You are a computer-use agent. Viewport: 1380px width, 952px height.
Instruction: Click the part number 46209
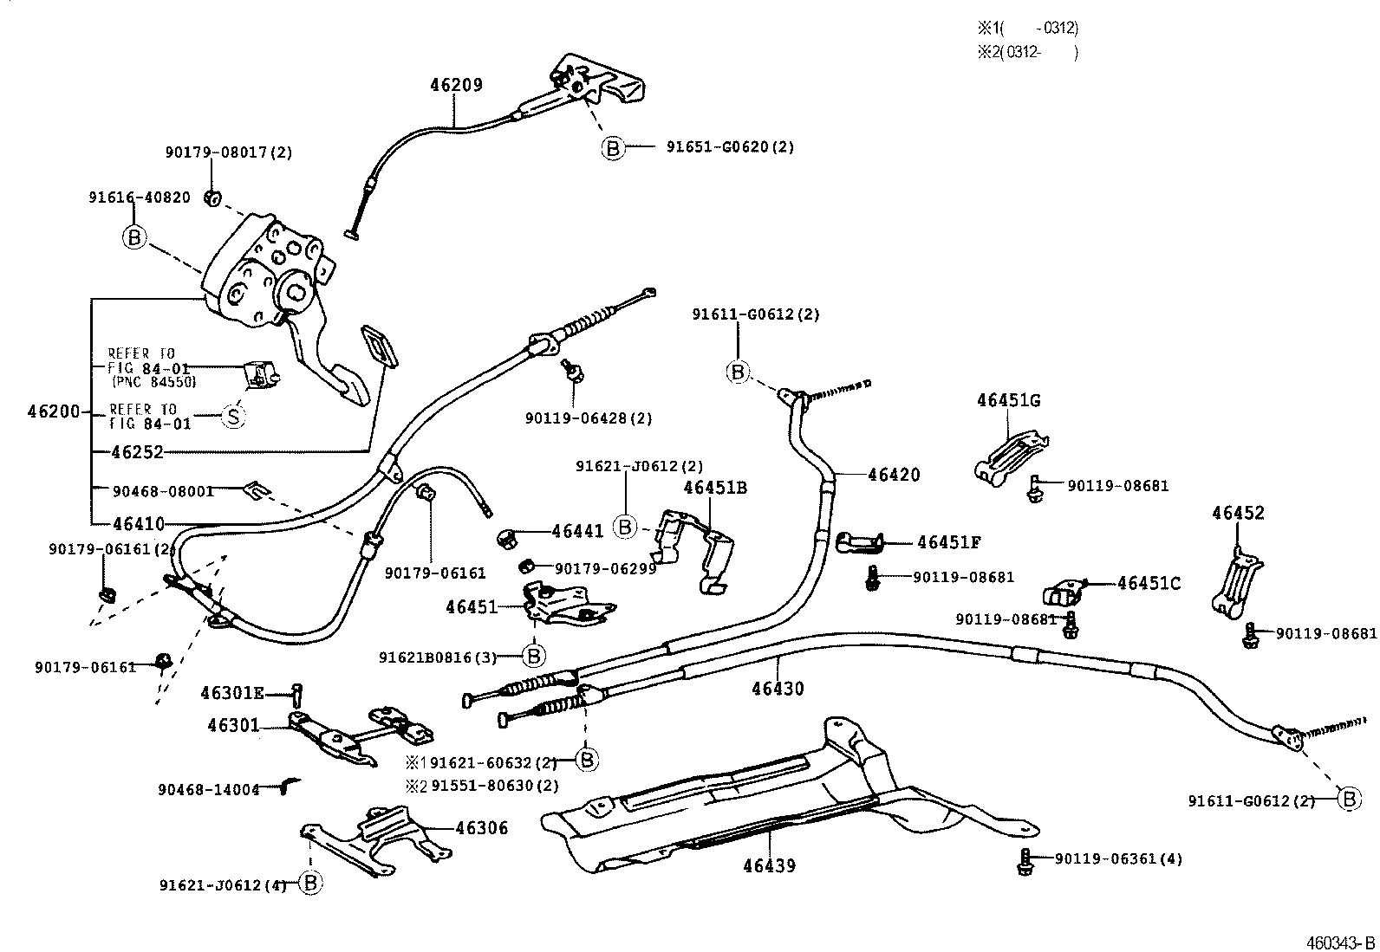(x=456, y=85)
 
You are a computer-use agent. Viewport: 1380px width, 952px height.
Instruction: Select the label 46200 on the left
(x=54, y=411)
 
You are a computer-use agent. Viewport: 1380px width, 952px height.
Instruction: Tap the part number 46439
(x=769, y=865)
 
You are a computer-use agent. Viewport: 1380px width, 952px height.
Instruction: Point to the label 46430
(x=778, y=690)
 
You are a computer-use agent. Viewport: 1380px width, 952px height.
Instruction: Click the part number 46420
(x=893, y=475)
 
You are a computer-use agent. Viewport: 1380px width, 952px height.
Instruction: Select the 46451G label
(x=1008, y=400)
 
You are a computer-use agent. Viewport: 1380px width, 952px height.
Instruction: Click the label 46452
(x=1237, y=513)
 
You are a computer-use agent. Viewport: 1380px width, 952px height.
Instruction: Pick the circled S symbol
(x=232, y=417)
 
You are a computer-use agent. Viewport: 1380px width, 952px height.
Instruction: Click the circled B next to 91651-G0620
(x=612, y=148)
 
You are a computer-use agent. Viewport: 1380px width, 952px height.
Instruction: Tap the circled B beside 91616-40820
(x=134, y=236)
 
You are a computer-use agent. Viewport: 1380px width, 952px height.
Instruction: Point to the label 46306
(x=481, y=828)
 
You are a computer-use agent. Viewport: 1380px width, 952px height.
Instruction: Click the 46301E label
(x=232, y=693)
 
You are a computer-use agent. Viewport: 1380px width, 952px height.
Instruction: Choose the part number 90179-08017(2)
(x=229, y=152)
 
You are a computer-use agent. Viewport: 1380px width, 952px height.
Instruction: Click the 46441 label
(x=577, y=531)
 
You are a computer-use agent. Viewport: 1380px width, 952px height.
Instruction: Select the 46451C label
(x=1148, y=584)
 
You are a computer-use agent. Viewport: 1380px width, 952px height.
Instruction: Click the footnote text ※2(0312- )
(x=1026, y=52)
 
